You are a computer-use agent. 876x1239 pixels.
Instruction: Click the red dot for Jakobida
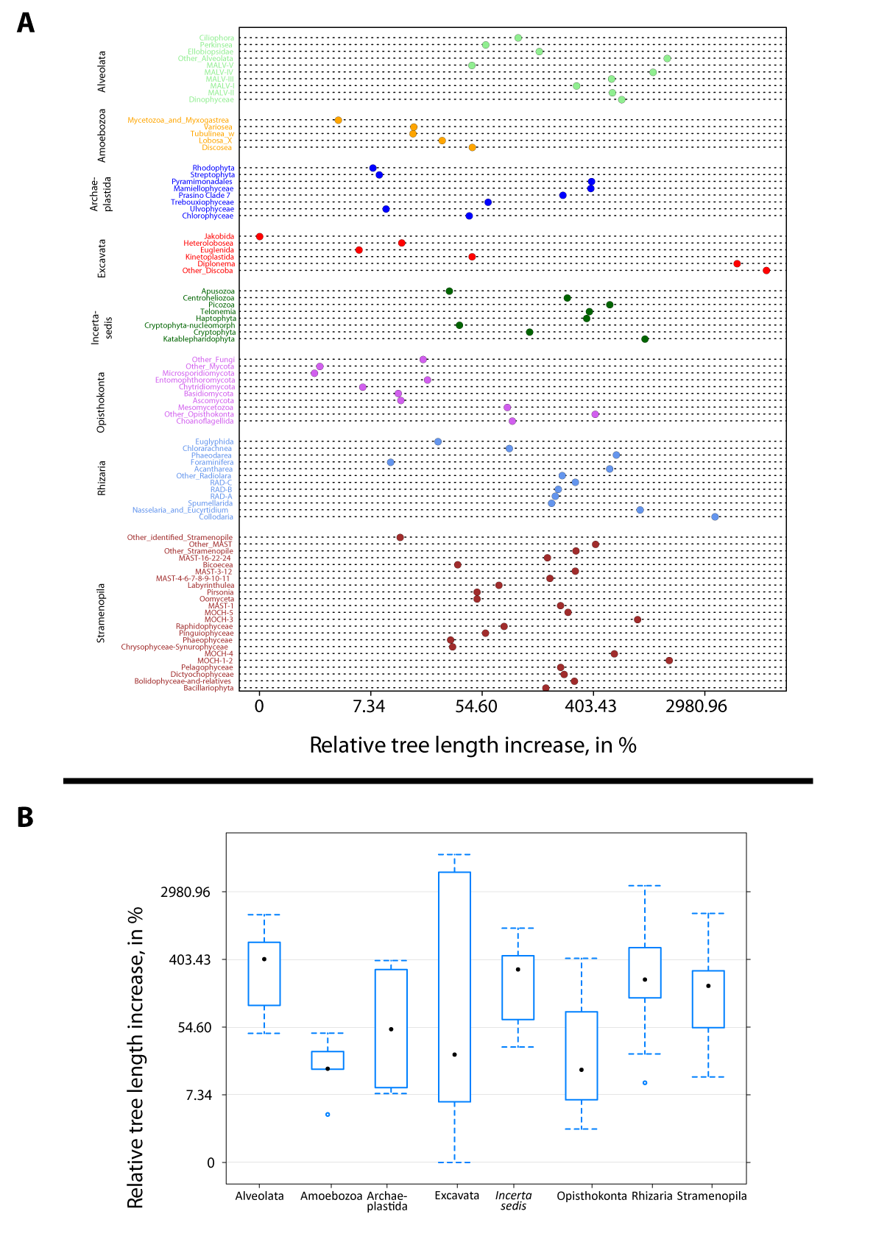(x=259, y=236)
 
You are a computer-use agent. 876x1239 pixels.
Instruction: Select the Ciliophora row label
(x=216, y=38)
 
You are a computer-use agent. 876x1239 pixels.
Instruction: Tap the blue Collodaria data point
(x=715, y=516)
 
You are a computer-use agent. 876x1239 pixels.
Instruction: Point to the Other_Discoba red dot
(x=766, y=271)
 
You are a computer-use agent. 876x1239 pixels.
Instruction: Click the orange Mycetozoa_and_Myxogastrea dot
(x=338, y=120)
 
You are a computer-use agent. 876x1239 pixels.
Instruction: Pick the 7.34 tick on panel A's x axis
(x=369, y=706)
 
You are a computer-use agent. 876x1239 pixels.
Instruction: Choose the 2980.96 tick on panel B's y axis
(x=185, y=892)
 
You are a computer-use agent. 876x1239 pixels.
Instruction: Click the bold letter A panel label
(x=26, y=23)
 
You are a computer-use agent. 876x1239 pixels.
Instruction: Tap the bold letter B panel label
(x=25, y=817)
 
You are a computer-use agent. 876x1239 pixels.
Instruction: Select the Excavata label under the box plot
(x=456, y=1196)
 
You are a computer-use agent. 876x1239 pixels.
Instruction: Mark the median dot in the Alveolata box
(x=264, y=959)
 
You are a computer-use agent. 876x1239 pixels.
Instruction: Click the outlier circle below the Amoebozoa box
(x=328, y=1114)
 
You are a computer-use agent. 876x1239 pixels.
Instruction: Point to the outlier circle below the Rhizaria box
(x=645, y=1082)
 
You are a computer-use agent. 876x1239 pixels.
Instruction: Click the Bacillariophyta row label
(x=208, y=688)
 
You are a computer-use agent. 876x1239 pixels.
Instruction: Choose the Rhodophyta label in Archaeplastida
(x=213, y=168)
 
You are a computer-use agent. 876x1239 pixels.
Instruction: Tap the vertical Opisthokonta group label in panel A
(x=102, y=402)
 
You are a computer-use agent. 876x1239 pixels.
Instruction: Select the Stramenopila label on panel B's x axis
(x=711, y=1196)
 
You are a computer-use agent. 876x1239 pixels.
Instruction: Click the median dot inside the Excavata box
(x=455, y=1054)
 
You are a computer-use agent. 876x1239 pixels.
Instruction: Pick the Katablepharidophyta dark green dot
(x=645, y=339)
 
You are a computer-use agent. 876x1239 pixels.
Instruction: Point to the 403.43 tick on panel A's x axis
(x=590, y=706)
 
